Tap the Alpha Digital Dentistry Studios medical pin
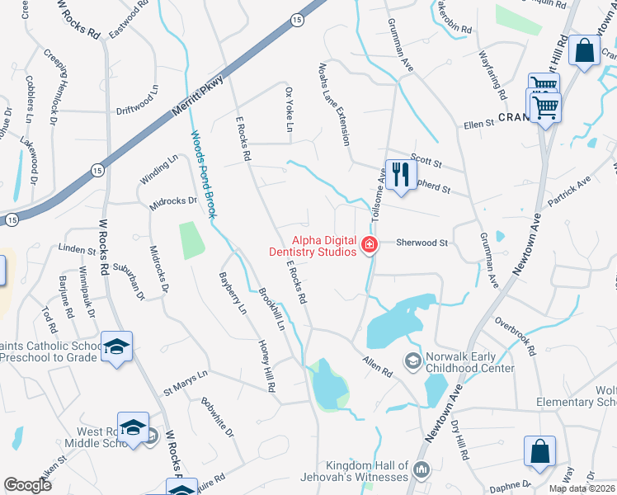[368, 244]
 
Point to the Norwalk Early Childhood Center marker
[412, 360]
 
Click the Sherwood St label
[422, 243]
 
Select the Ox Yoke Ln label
[289, 110]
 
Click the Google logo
[28, 485]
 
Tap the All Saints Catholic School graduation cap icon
[116, 346]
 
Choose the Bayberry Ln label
[232, 293]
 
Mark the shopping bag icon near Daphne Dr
[539, 452]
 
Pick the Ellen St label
[478, 124]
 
